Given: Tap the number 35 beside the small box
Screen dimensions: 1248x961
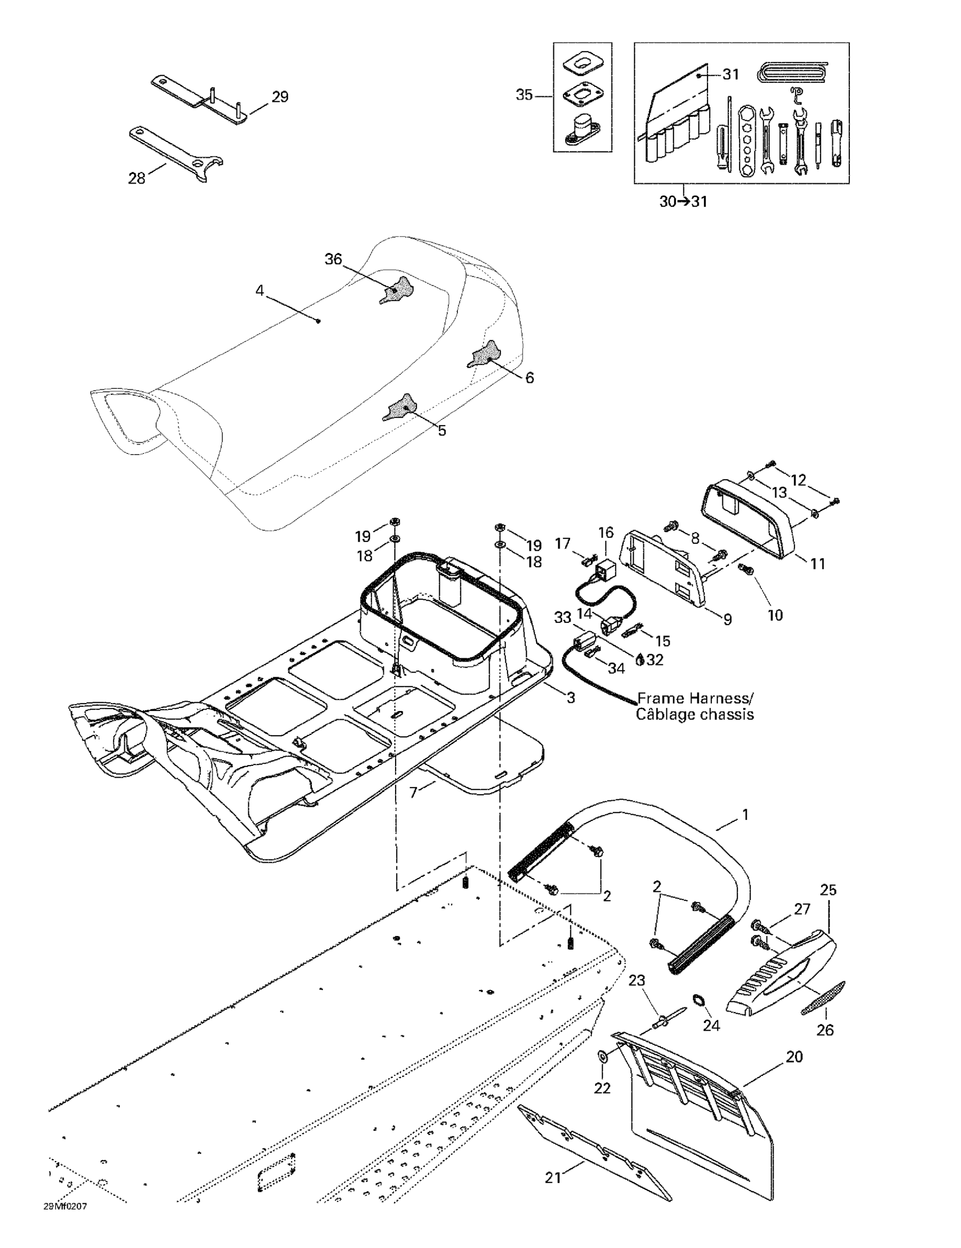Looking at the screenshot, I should pos(524,95).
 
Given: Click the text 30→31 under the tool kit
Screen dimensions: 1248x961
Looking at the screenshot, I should pos(683,202).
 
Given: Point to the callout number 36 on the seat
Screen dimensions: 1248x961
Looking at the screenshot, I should pos(333,260).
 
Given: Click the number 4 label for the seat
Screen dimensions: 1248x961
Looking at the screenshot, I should pos(259,291).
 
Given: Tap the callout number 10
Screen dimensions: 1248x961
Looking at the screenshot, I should pos(775,615).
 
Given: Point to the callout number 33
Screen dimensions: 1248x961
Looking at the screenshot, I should pos(563,618).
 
